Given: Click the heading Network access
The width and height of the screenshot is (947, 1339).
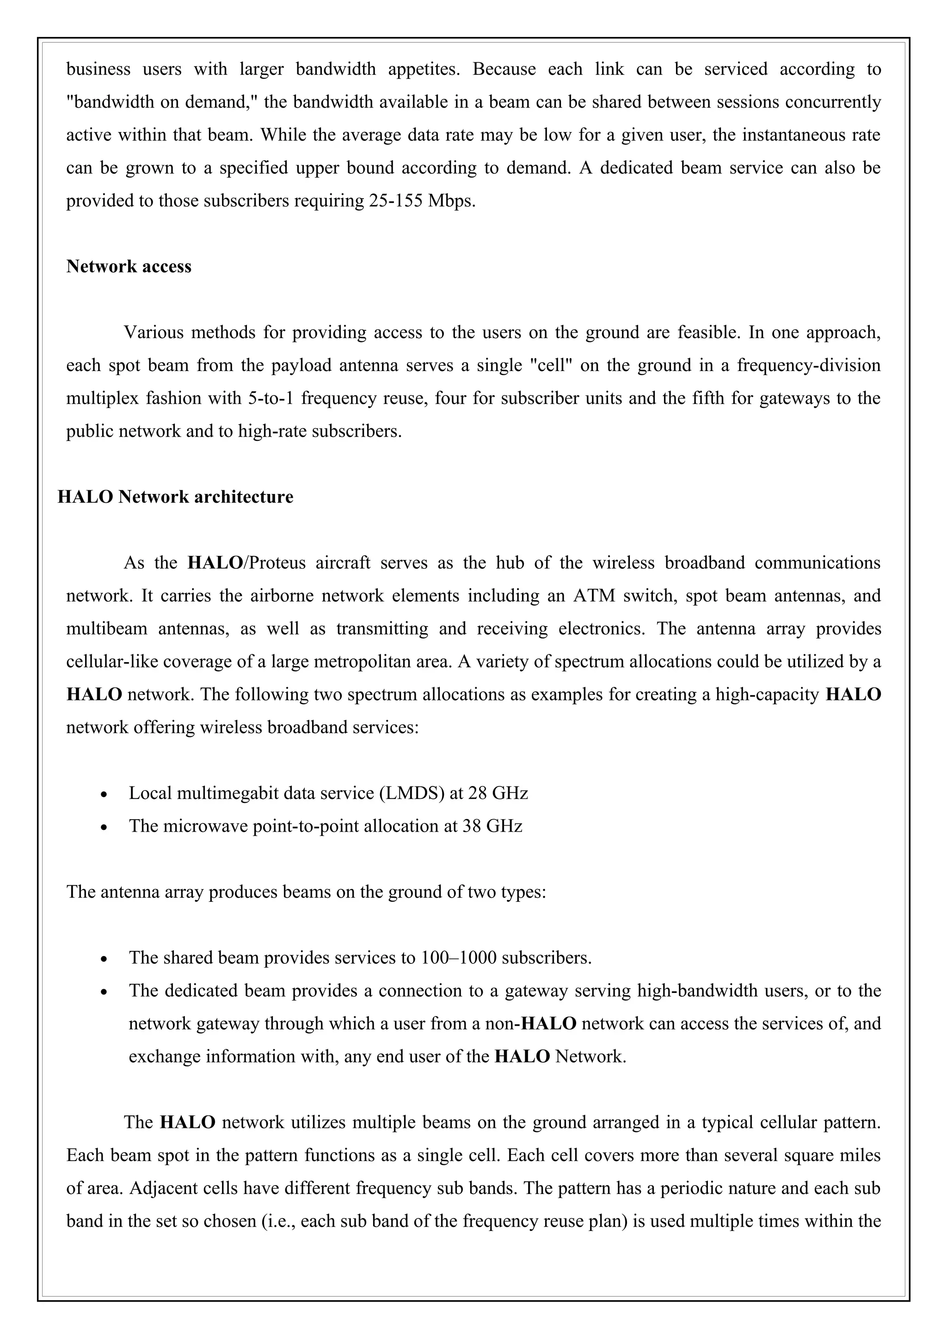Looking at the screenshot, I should pyautogui.click(x=129, y=267).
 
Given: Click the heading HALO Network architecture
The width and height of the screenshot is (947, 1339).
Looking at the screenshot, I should pyautogui.click(x=175, y=497).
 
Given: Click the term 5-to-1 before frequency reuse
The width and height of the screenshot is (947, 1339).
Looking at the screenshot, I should pyautogui.click(x=270, y=398).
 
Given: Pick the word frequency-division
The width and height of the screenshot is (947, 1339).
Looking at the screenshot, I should pyautogui.click(x=808, y=365).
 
